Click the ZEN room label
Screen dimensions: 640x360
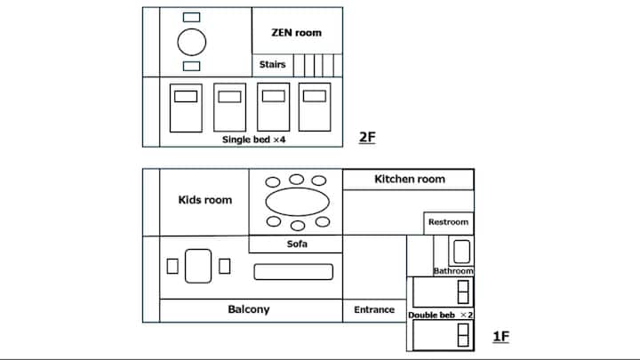coord(296,33)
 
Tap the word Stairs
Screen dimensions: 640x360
coord(272,65)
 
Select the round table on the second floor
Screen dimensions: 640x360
coord(192,42)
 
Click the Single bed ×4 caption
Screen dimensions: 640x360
coord(253,140)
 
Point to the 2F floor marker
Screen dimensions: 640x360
coord(367,137)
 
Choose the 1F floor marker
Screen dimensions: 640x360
coord(500,337)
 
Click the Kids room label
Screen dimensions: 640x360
coord(205,200)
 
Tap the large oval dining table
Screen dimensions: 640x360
coord(297,202)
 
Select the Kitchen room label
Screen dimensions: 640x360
coord(410,180)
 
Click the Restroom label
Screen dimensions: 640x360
coord(448,222)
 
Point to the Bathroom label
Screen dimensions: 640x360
coord(453,271)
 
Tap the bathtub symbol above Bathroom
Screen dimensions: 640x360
coord(461,252)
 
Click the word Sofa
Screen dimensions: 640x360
coord(297,244)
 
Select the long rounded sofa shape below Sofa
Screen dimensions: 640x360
coord(293,272)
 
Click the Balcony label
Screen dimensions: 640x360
coord(249,309)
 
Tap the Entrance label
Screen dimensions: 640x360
coord(374,310)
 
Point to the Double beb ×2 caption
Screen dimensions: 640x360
coord(440,315)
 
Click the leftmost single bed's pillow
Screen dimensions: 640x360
coord(186,96)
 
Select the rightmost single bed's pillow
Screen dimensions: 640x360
coord(315,96)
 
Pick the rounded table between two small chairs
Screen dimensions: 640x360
coord(198,266)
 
